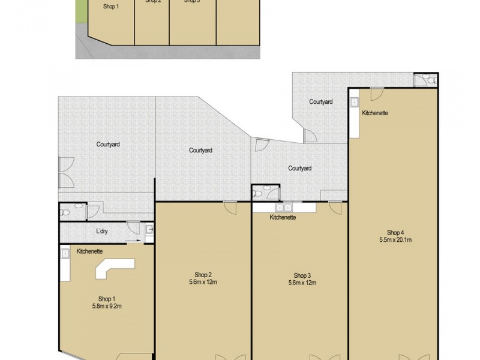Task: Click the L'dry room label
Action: tap(101, 232)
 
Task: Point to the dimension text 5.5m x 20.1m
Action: tap(395, 240)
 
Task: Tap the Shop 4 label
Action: tap(395, 232)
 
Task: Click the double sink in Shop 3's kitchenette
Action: tap(284, 208)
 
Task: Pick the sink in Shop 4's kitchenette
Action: tap(355, 102)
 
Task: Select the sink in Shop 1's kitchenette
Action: tap(65, 254)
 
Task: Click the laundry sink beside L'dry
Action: tap(149, 229)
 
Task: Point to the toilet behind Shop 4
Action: tap(424, 80)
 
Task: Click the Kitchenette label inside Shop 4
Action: tap(375, 113)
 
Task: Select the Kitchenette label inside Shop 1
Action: tap(90, 251)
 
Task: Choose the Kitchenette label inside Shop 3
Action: tap(283, 217)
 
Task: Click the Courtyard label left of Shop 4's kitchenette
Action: tap(321, 102)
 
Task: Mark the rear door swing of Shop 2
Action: tap(229, 207)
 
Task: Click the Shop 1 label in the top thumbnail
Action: tap(111, 6)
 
